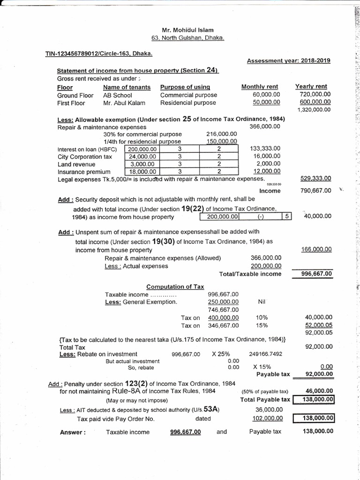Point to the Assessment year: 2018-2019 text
click(x=289, y=60)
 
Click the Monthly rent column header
click(x=259, y=87)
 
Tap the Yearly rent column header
click(x=311, y=86)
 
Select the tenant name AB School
click(x=117, y=95)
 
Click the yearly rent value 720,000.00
click(x=315, y=94)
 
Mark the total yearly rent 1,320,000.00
click(x=314, y=110)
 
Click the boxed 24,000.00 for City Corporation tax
click(x=143, y=157)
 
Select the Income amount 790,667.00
click(x=315, y=190)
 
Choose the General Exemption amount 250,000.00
click(x=223, y=302)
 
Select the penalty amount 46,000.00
click(x=318, y=390)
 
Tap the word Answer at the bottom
click(x=72, y=432)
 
